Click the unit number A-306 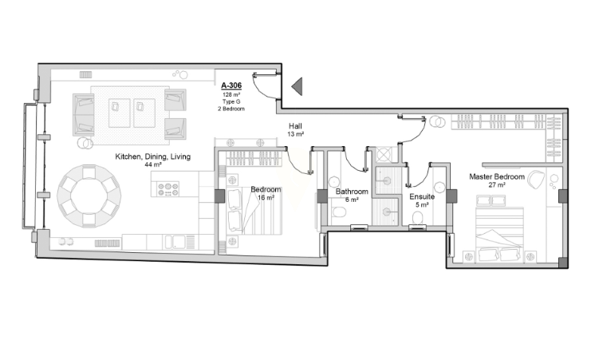point(231,85)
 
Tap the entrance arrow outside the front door point(297,86)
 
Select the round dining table point(89,196)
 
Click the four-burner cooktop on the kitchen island point(168,188)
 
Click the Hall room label point(295,126)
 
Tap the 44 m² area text point(152,164)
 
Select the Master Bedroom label point(497,176)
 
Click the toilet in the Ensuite point(418,219)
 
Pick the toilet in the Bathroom point(339,212)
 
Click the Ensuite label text point(422,196)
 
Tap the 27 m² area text point(497,185)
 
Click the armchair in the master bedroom point(536,180)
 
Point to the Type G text point(231,101)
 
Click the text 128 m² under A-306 point(231,95)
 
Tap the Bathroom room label point(352,192)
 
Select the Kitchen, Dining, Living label point(152,156)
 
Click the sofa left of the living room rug point(83,115)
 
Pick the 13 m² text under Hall point(295,134)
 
